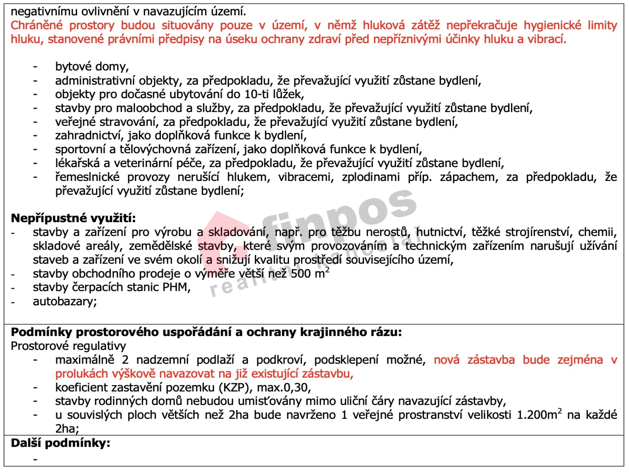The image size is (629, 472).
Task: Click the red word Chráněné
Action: tap(36, 25)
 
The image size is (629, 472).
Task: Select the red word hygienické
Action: tap(552, 25)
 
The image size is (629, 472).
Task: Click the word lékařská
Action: tap(77, 163)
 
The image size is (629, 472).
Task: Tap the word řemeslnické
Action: tap(87, 177)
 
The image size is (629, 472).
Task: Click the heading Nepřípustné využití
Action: tap(73, 218)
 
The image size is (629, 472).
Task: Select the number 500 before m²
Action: tap(301, 274)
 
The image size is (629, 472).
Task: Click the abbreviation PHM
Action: tap(176, 287)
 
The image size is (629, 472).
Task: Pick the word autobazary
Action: tap(64, 301)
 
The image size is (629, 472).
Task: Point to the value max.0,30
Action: tap(284, 387)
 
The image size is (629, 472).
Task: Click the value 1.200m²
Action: tap(539, 415)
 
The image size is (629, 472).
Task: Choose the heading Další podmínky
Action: tap(60, 443)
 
